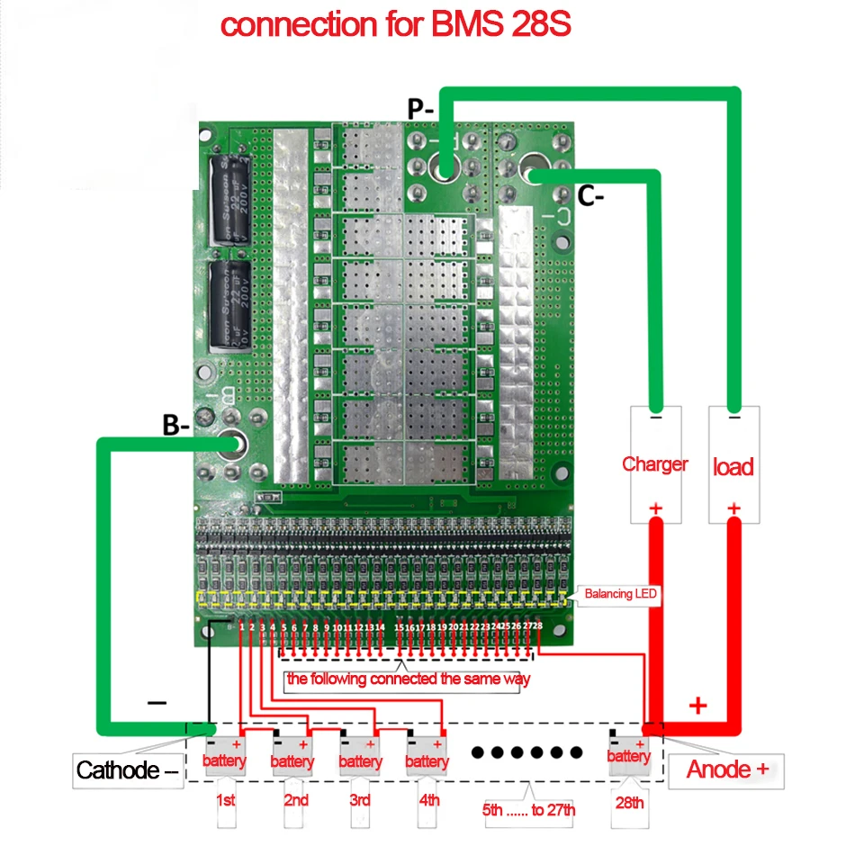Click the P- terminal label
click(x=421, y=109)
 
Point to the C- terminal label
click(x=590, y=197)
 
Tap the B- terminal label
click(x=175, y=426)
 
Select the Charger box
click(x=654, y=463)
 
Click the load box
click(x=733, y=464)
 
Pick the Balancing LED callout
click(x=620, y=594)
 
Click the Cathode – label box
click(x=127, y=770)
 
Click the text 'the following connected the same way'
click(x=408, y=679)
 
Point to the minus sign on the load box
click(x=733, y=417)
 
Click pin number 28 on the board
click(x=537, y=625)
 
